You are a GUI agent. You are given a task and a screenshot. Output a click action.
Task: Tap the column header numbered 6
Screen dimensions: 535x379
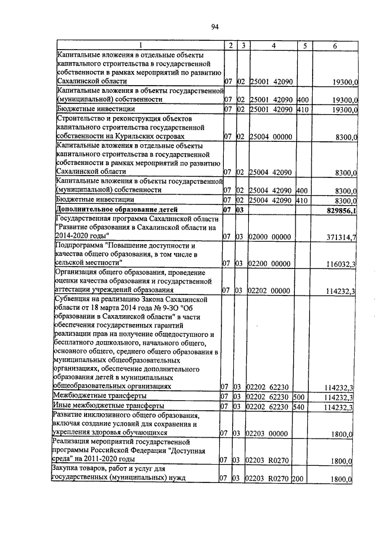(335, 46)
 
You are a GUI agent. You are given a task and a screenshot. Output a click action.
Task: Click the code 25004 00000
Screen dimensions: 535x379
(271, 137)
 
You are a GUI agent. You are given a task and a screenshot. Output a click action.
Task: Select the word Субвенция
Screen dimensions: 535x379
(73, 301)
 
